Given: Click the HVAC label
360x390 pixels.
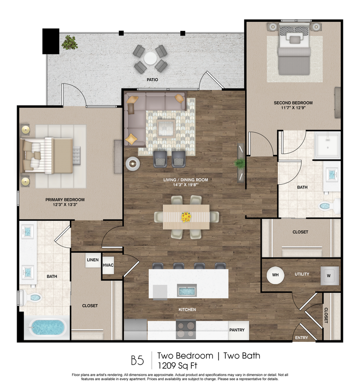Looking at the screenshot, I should (108, 265).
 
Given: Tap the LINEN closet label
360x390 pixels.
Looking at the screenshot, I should (92, 260).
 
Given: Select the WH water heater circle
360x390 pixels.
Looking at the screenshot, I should (275, 275).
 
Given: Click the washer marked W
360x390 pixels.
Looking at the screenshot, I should (329, 275).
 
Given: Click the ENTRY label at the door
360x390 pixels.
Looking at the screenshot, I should (301, 338).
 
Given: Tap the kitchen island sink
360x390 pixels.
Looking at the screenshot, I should (187, 290).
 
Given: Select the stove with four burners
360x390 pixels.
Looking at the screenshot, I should (186, 330).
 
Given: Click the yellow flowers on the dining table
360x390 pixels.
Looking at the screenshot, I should (186, 217).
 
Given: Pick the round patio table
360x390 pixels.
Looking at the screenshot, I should (150, 58).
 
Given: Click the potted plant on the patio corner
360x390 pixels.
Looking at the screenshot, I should (70, 43).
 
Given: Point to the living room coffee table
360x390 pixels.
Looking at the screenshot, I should (166, 128).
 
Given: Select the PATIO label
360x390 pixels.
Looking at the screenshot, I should (153, 79).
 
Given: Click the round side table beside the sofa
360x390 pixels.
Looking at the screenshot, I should (133, 164).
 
